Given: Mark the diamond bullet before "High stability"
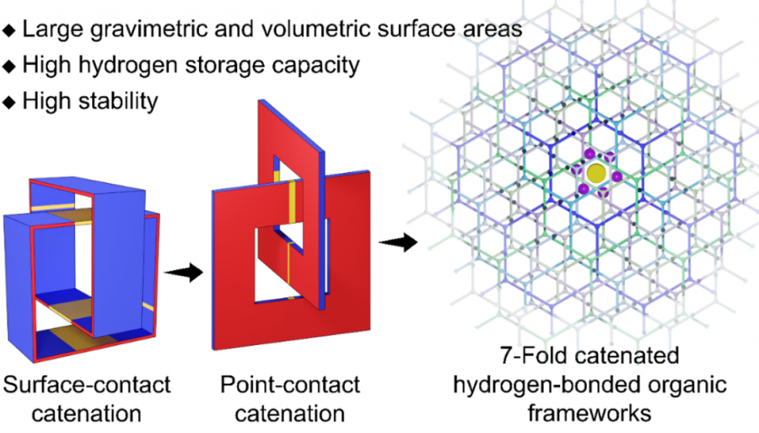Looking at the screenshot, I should (x=9, y=101).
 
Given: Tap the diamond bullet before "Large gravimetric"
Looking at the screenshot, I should (x=9, y=30).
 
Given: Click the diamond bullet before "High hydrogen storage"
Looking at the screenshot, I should (x=9, y=66).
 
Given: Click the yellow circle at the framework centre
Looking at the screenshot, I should (x=595, y=173).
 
